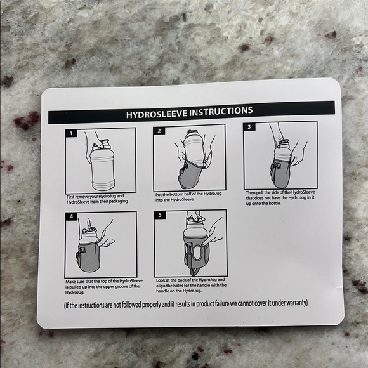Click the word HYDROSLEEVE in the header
(x=157, y=114)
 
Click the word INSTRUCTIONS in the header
(x=221, y=112)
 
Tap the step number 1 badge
(x=71, y=133)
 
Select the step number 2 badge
(x=159, y=131)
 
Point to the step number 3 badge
(x=249, y=127)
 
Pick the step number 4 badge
(x=71, y=216)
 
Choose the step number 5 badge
(x=160, y=215)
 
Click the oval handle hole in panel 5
(x=197, y=253)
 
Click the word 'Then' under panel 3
(x=251, y=193)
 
